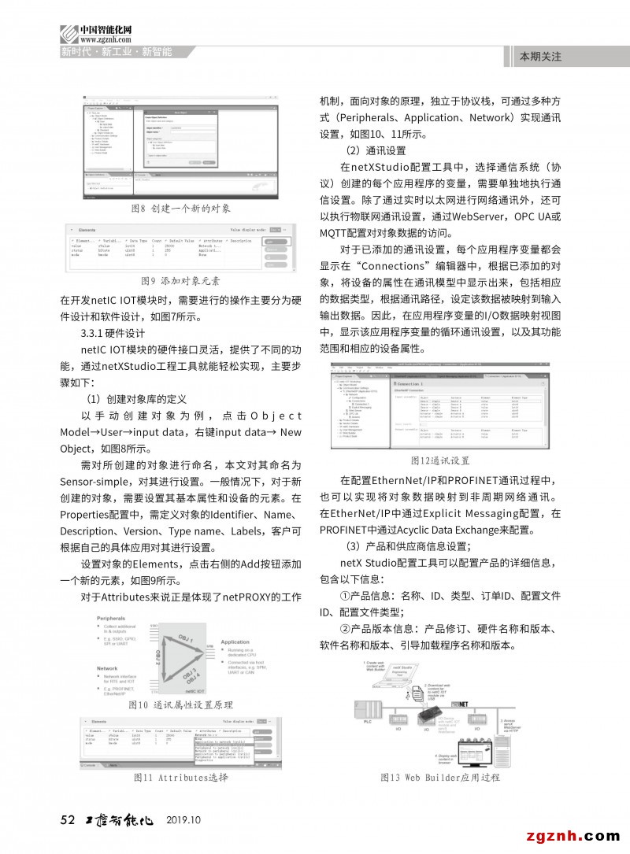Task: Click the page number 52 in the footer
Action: (x=67, y=820)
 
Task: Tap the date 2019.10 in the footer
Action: (x=184, y=820)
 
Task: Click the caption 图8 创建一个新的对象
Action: (x=180, y=209)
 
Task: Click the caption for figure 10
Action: (x=180, y=704)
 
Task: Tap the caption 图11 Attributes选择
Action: (x=180, y=778)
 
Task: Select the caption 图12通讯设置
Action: (x=440, y=460)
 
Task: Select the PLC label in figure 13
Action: (x=367, y=721)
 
